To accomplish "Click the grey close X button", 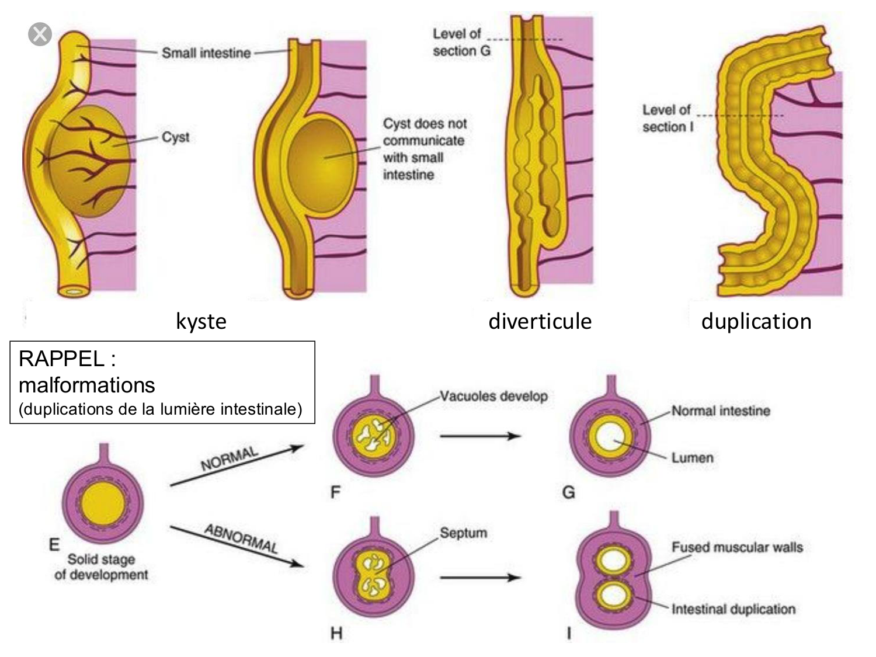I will point(40,34).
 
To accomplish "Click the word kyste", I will point(201,321).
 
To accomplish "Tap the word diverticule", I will point(540,321).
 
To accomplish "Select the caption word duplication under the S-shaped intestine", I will point(756,321).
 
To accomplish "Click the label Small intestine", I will point(206,53).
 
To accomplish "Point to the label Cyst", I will point(175,137).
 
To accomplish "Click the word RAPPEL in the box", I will point(61,359).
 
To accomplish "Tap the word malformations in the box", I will point(87,385).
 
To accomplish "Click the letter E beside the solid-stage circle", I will point(54,545).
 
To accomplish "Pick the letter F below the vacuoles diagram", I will point(335,492).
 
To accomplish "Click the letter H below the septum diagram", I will point(336,633).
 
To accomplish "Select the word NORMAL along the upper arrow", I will point(229,459).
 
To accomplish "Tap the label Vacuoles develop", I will point(493,397).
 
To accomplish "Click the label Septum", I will point(463,533).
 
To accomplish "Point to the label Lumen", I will point(692,457).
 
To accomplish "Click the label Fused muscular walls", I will point(737,547).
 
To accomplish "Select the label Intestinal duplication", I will point(733,609).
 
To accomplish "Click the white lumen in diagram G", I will point(610,437).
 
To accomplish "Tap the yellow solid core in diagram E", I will point(102,502).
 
